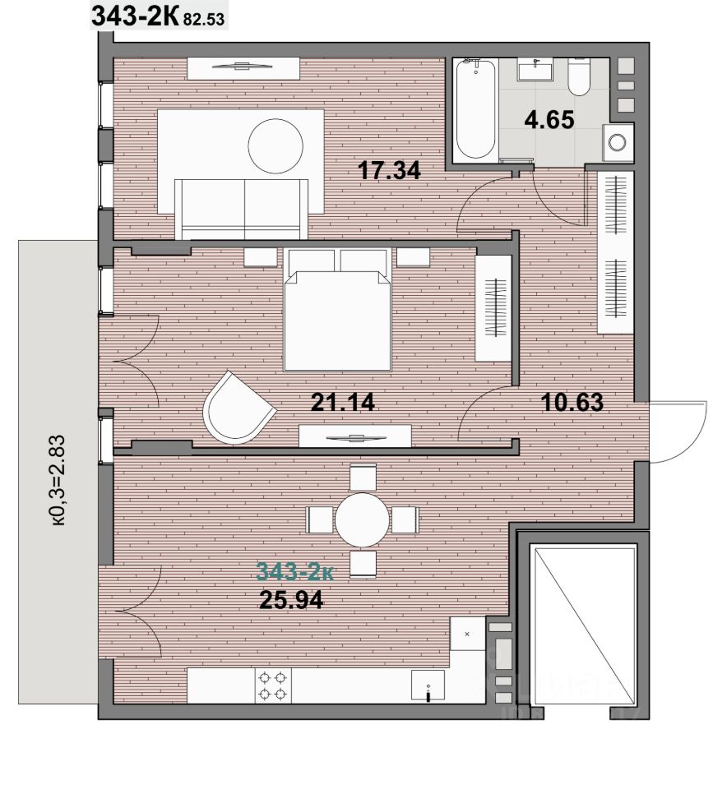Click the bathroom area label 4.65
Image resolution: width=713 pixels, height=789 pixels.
[x=549, y=120]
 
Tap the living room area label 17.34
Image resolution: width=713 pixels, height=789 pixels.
[x=389, y=170]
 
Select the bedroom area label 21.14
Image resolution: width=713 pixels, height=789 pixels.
[x=342, y=402]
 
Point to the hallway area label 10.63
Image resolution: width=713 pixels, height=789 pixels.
[x=572, y=402]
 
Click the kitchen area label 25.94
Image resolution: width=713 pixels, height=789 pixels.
[x=291, y=599]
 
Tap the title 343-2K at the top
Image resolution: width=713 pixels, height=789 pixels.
[x=135, y=16]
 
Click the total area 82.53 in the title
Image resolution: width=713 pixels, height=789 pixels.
[x=204, y=20]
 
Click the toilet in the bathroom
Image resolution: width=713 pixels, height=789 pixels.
[x=579, y=76]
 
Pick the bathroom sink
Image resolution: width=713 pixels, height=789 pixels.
[x=535, y=69]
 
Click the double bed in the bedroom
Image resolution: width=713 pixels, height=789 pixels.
[x=337, y=310]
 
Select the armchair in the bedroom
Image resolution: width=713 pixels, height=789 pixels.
[x=237, y=408]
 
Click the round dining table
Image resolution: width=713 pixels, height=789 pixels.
[x=362, y=519]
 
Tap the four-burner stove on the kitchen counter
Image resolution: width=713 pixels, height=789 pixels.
[x=273, y=685]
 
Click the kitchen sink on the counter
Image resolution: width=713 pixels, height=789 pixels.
[x=428, y=685]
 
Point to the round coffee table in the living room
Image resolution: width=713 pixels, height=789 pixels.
[x=276, y=145]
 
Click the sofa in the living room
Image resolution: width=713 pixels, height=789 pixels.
[x=241, y=209]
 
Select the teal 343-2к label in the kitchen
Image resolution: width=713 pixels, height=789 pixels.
[x=294, y=572]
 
